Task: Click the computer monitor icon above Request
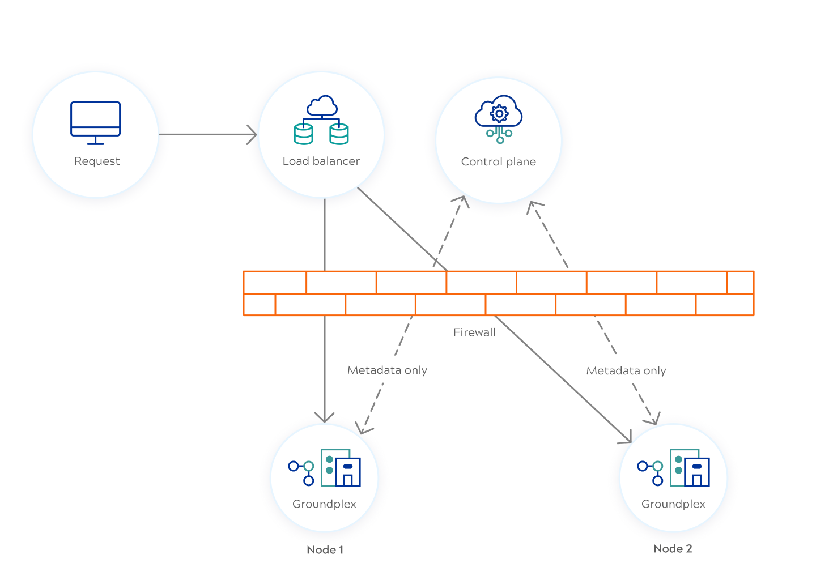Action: point(95,122)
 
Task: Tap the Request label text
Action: point(97,161)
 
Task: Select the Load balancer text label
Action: point(321,161)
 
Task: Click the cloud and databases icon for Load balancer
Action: point(321,120)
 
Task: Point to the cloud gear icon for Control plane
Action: point(499,119)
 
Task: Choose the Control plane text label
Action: point(498,162)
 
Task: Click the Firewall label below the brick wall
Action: point(474,333)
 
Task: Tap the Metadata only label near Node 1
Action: point(387,370)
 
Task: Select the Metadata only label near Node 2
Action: point(626,371)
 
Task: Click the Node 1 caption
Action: point(325,550)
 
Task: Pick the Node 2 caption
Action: point(673,549)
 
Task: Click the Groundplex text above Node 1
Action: point(324,504)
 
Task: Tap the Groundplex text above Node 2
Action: point(673,504)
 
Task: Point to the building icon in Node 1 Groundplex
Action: point(341,468)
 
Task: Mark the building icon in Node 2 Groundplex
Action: point(690,468)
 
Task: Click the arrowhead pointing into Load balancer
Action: point(252,135)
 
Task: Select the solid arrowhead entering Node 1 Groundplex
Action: point(325,417)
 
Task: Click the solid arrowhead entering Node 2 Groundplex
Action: point(626,437)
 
